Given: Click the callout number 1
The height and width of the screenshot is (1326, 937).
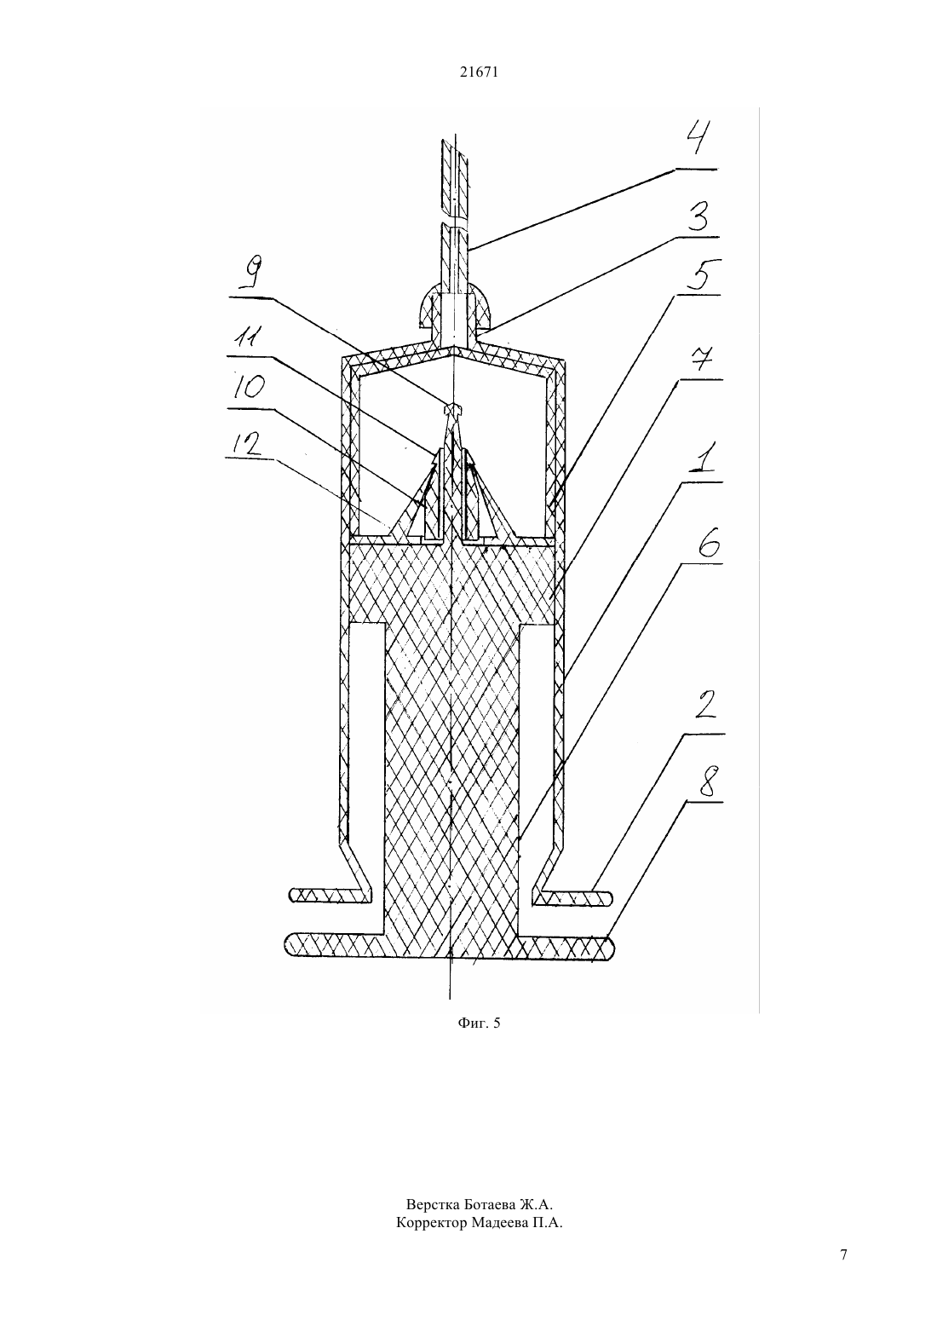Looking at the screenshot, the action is coord(701,457).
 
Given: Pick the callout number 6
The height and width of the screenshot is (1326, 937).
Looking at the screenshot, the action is coord(708,540).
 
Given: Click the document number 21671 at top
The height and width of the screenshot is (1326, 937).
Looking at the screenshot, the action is coord(479,72).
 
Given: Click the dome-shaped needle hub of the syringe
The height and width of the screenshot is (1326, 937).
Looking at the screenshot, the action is coord(452,308).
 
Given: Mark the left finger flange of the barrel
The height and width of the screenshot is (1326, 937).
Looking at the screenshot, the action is coord(331,895).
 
